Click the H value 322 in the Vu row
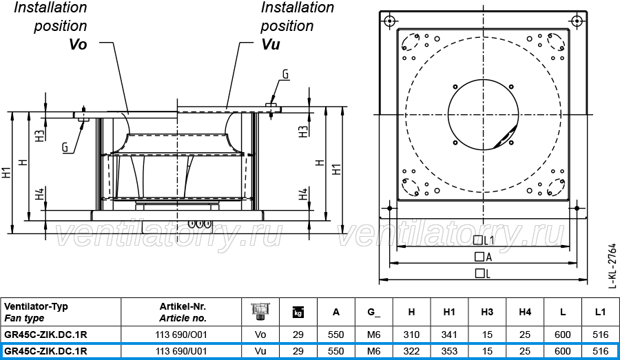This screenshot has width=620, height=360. [411, 351]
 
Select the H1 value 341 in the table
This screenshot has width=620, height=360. [449, 335]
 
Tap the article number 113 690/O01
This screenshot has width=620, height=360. [181, 335]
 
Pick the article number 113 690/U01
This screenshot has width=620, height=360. [181, 351]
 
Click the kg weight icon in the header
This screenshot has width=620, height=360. [298, 313]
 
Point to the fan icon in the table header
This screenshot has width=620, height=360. [260, 311]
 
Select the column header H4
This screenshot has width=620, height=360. [525, 312]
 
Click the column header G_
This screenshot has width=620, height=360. [373, 313]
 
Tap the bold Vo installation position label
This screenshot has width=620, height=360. [78, 44]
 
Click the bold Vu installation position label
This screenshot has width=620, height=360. [271, 44]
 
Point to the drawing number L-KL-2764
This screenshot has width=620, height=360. [612, 266]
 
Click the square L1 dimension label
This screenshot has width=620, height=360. [484, 240]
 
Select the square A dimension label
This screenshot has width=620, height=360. [483, 257]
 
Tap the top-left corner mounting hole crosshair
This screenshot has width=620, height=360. [390, 21]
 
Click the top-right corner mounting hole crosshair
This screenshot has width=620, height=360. [577, 21]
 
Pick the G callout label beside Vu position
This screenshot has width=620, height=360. [285, 74]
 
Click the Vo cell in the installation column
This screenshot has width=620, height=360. [260, 335]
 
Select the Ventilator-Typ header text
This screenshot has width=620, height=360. [36, 306]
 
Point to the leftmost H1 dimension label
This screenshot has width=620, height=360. [7, 173]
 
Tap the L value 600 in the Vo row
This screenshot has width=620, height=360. [562, 335]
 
